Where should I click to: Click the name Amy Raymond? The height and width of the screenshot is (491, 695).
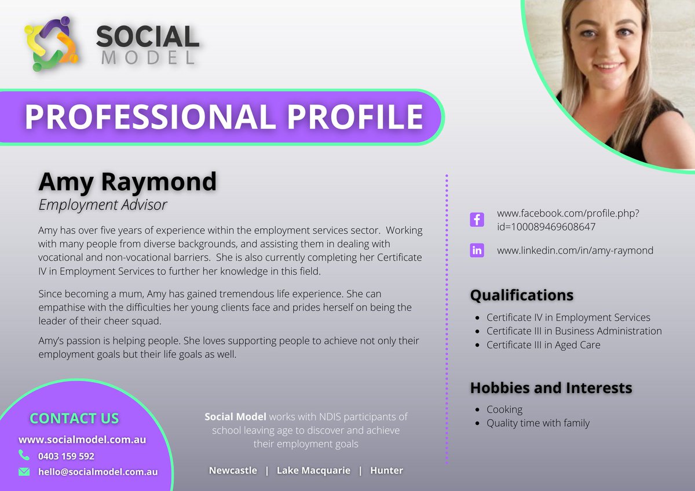[x=127, y=182]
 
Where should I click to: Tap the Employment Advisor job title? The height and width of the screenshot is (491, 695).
[x=103, y=204]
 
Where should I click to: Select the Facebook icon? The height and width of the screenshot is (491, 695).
[x=477, y=220]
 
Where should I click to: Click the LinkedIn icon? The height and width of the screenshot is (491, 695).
[x=477, y=251]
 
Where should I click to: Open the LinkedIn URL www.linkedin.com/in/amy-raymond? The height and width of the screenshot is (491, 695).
[x=575, y=251]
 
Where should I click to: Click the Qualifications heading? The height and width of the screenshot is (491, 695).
[x=521, y=295]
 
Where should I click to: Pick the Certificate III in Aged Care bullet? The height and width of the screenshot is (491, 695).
[x=543, y=345]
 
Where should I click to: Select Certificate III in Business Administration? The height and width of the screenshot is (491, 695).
[x=573, y=331]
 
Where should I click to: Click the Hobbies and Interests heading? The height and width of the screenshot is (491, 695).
[x=550, y=388]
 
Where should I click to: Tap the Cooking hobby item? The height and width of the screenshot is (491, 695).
[x=504, y=409]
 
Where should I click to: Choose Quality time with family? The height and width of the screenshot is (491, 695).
[x=537, y=423]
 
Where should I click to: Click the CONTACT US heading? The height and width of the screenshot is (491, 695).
[x=74, y=418]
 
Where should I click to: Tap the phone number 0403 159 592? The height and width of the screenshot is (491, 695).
[x=66, y=456]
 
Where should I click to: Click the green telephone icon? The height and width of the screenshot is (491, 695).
[x=24, y=455]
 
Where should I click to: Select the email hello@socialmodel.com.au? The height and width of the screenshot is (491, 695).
[x=98, y=472]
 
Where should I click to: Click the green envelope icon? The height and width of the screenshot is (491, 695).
[x=24, y=472]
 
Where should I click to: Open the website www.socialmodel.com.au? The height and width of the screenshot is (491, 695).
[x=82, y=439]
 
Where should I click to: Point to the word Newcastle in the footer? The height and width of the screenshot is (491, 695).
[x=233, y=470]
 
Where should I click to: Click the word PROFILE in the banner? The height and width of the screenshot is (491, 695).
[x=355, y=117]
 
